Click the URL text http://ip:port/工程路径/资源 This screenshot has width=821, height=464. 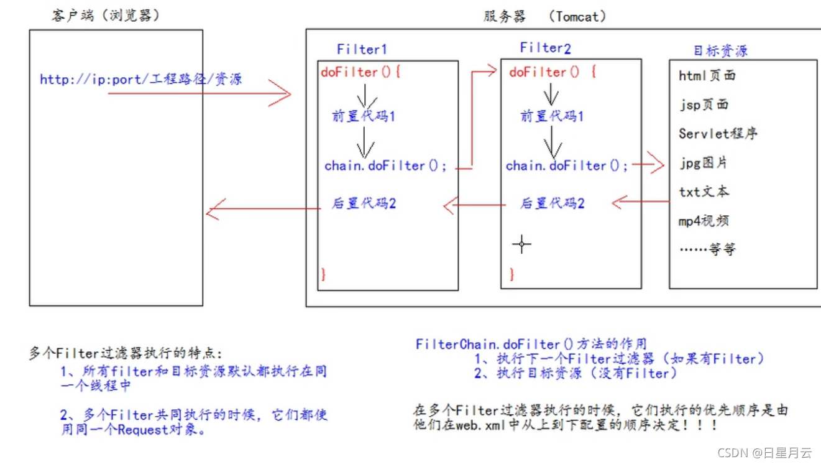(140, 80)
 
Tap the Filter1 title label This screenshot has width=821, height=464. (362, 49)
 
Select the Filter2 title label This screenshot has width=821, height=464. (545, 48)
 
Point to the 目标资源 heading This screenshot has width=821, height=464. (720, 51)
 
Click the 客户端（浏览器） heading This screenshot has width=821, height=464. (106, 16)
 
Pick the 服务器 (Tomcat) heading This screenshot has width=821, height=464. (544, 16)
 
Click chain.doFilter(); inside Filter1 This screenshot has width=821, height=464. (385, 166)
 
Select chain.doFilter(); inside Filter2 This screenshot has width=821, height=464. (567, 166)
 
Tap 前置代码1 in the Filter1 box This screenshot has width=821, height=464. (364, 116)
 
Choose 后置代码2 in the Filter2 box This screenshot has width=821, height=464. (552, 203)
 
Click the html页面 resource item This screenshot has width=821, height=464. (707, 76)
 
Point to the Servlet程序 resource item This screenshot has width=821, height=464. (718, 134)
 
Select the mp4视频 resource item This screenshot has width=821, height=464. (704, 221)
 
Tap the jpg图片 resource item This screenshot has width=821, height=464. (703, 163)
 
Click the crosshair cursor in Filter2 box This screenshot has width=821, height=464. (521, 244)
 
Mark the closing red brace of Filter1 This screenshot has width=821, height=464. (323, 274)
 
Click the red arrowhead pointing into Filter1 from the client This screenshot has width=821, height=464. (283, 95)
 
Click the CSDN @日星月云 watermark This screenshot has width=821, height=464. (764, 453)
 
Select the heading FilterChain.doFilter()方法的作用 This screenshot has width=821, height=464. (531, 344)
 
